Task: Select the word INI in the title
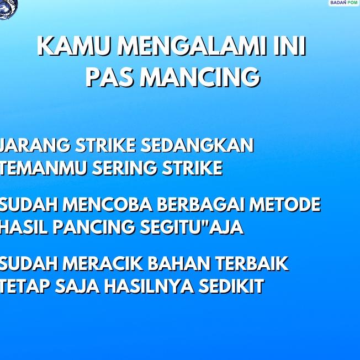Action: click(289, 47)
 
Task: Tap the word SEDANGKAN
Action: click(197, 146)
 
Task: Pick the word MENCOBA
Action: click(109, 205)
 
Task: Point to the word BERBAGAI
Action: click(201, 205)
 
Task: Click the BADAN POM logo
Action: click(343, 3)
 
